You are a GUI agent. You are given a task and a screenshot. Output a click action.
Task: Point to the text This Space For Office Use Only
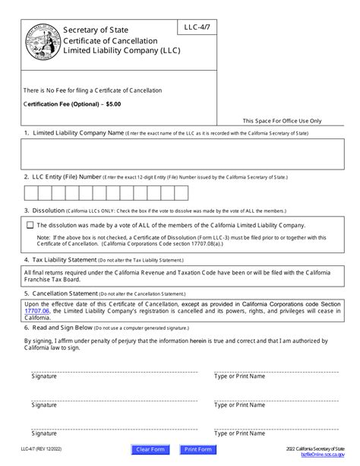(283, 120)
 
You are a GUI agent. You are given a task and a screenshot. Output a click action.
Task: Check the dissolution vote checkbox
(30, 225)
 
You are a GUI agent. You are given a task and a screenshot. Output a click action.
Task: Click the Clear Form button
(151, 449)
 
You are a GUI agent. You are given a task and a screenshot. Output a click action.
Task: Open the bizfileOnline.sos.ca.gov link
(321, 455)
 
